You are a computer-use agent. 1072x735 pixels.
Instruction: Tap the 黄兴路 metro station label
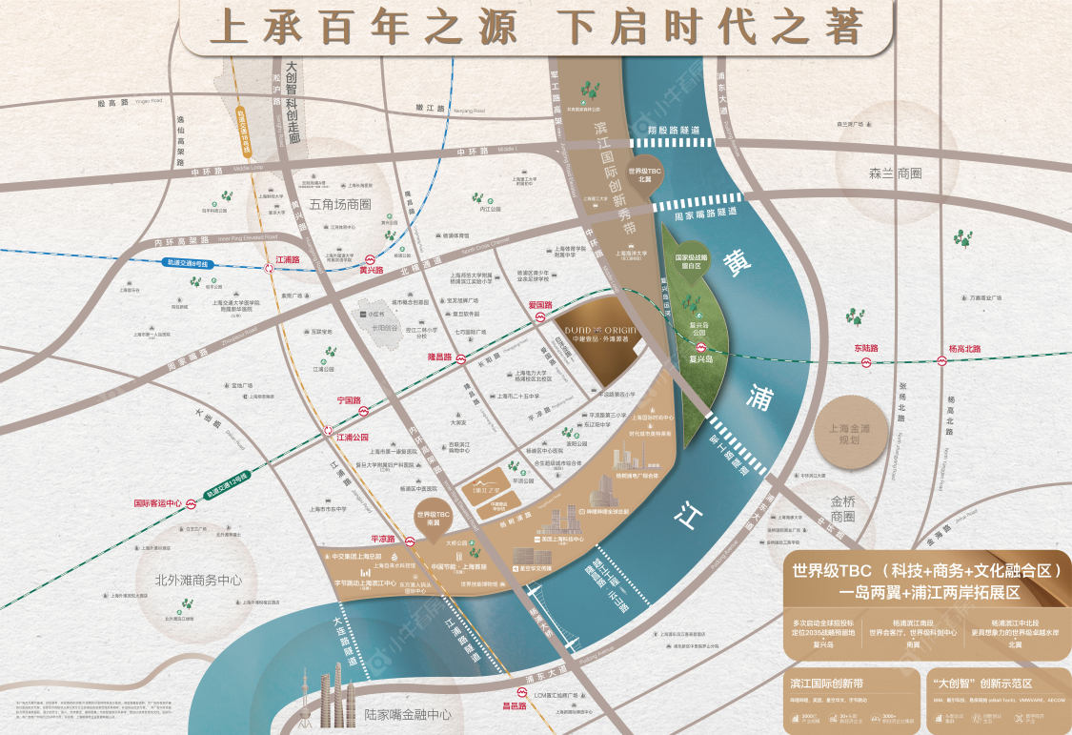click(371, 271)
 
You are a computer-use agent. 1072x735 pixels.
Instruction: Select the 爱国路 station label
click(540, 305)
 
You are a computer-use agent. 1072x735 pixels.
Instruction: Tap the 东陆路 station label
click(866, 349)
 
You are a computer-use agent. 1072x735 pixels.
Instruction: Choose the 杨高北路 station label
click(964, 349)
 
